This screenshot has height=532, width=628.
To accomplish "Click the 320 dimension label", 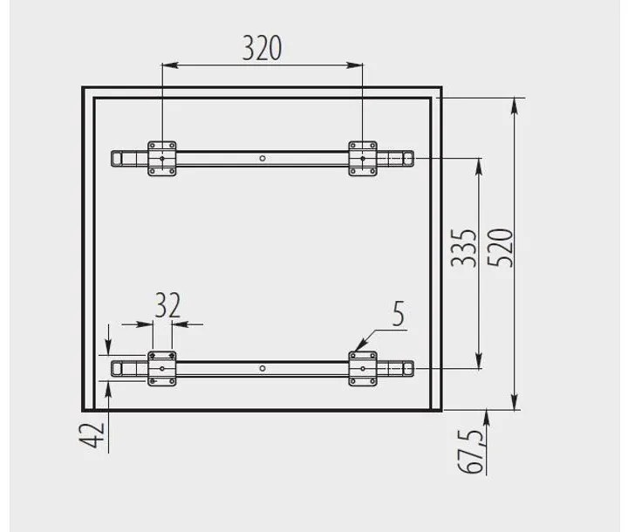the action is (262, 48).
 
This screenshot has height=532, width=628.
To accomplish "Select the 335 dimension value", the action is (464, 248).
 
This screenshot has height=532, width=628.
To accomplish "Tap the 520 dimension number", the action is (501, 248).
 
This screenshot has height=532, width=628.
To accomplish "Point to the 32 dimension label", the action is (167, 305).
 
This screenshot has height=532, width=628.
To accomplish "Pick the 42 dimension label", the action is (92, 435).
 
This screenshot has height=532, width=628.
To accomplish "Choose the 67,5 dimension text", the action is (470, 452).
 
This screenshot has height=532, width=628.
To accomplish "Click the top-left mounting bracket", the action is (162, 158).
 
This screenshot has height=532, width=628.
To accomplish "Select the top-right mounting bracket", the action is (363, 158).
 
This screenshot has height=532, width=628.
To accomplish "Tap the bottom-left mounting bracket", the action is (162, 369).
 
